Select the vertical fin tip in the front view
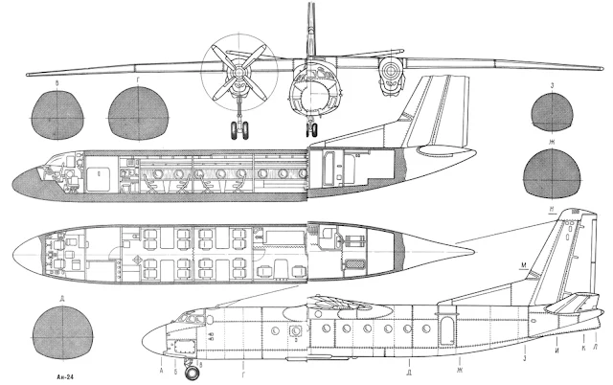point(310,8)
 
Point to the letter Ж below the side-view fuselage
point(460,368)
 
